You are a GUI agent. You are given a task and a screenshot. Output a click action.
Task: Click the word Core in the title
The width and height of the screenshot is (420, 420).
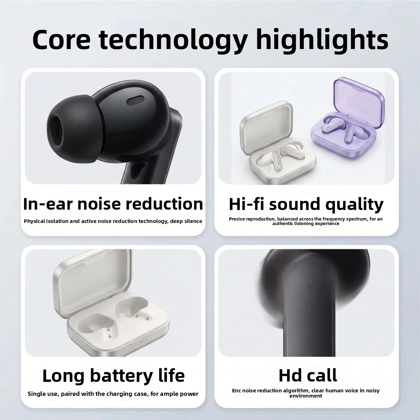[x=61, y=40]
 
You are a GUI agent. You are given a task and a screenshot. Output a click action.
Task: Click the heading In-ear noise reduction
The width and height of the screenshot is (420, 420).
[x=113, y=204]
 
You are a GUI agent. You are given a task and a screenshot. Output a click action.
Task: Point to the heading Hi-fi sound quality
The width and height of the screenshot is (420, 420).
[x=306, y=205]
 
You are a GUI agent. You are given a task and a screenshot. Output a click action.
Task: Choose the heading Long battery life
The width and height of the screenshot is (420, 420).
[x=113, y=376]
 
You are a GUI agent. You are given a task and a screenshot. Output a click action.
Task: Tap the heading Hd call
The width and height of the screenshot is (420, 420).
[x=308, y=375]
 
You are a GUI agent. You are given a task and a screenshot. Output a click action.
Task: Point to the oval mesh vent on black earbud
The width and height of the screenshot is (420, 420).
[x=136, y=101]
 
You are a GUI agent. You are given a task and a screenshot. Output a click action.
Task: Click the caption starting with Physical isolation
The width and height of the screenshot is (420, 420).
[x=113, y=221]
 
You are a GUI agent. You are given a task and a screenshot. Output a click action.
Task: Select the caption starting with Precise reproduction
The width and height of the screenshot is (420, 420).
[x=306, y=221]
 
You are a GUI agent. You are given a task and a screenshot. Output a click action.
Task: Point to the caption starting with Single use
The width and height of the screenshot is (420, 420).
[x=113, y=394]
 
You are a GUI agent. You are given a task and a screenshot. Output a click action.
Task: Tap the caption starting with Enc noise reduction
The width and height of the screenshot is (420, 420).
[x=306, y=393]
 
